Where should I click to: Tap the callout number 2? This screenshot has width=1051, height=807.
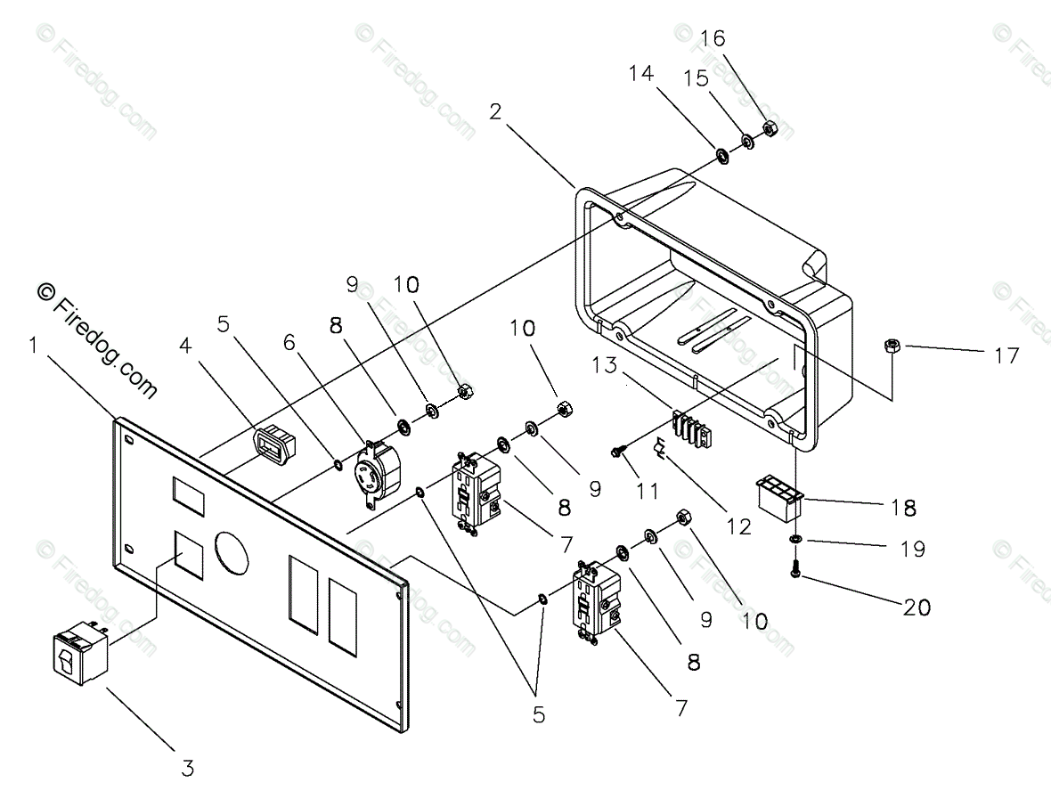495,111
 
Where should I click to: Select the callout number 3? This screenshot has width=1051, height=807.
188,768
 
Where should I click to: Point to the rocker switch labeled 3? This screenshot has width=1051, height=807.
81,651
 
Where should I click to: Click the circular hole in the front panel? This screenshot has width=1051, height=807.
232,554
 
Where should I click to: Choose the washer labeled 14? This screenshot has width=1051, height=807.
722,156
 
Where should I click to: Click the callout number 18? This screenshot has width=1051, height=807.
903,508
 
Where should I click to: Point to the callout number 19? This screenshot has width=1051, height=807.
911,549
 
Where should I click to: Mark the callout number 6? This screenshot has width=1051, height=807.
289,343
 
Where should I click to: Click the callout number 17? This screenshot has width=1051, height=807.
1006,355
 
